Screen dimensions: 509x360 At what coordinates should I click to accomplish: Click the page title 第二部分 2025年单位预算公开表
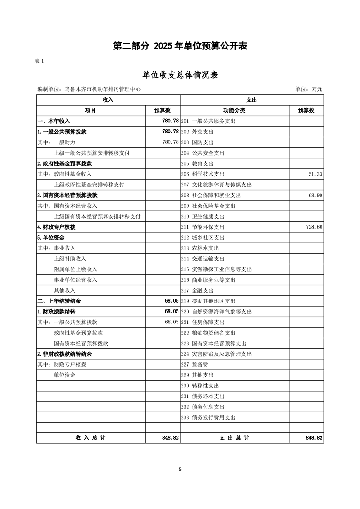(x=180, y=46)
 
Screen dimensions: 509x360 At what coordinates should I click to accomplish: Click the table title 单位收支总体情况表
(x=180, y=75)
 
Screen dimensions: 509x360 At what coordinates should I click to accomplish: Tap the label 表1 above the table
(x=40, y=61)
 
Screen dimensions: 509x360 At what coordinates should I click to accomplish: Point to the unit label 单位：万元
(x=309, y=89)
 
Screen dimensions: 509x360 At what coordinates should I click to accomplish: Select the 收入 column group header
(x=108, y=99)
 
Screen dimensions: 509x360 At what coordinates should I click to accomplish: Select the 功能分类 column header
(x=234, y=110)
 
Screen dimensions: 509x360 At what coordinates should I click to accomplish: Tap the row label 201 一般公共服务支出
(x=208, y=121)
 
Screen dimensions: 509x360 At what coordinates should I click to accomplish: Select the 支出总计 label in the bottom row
(x=234, y=438)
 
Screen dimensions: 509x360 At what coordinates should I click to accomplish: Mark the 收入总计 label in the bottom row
(x=91, y=438)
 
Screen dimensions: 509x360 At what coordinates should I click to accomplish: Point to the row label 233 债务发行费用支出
(x=208, y=417)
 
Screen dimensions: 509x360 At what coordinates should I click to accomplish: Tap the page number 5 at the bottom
(x=180, y=470)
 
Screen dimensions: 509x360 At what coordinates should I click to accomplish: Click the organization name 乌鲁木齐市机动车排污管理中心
(x=103, y=89)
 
